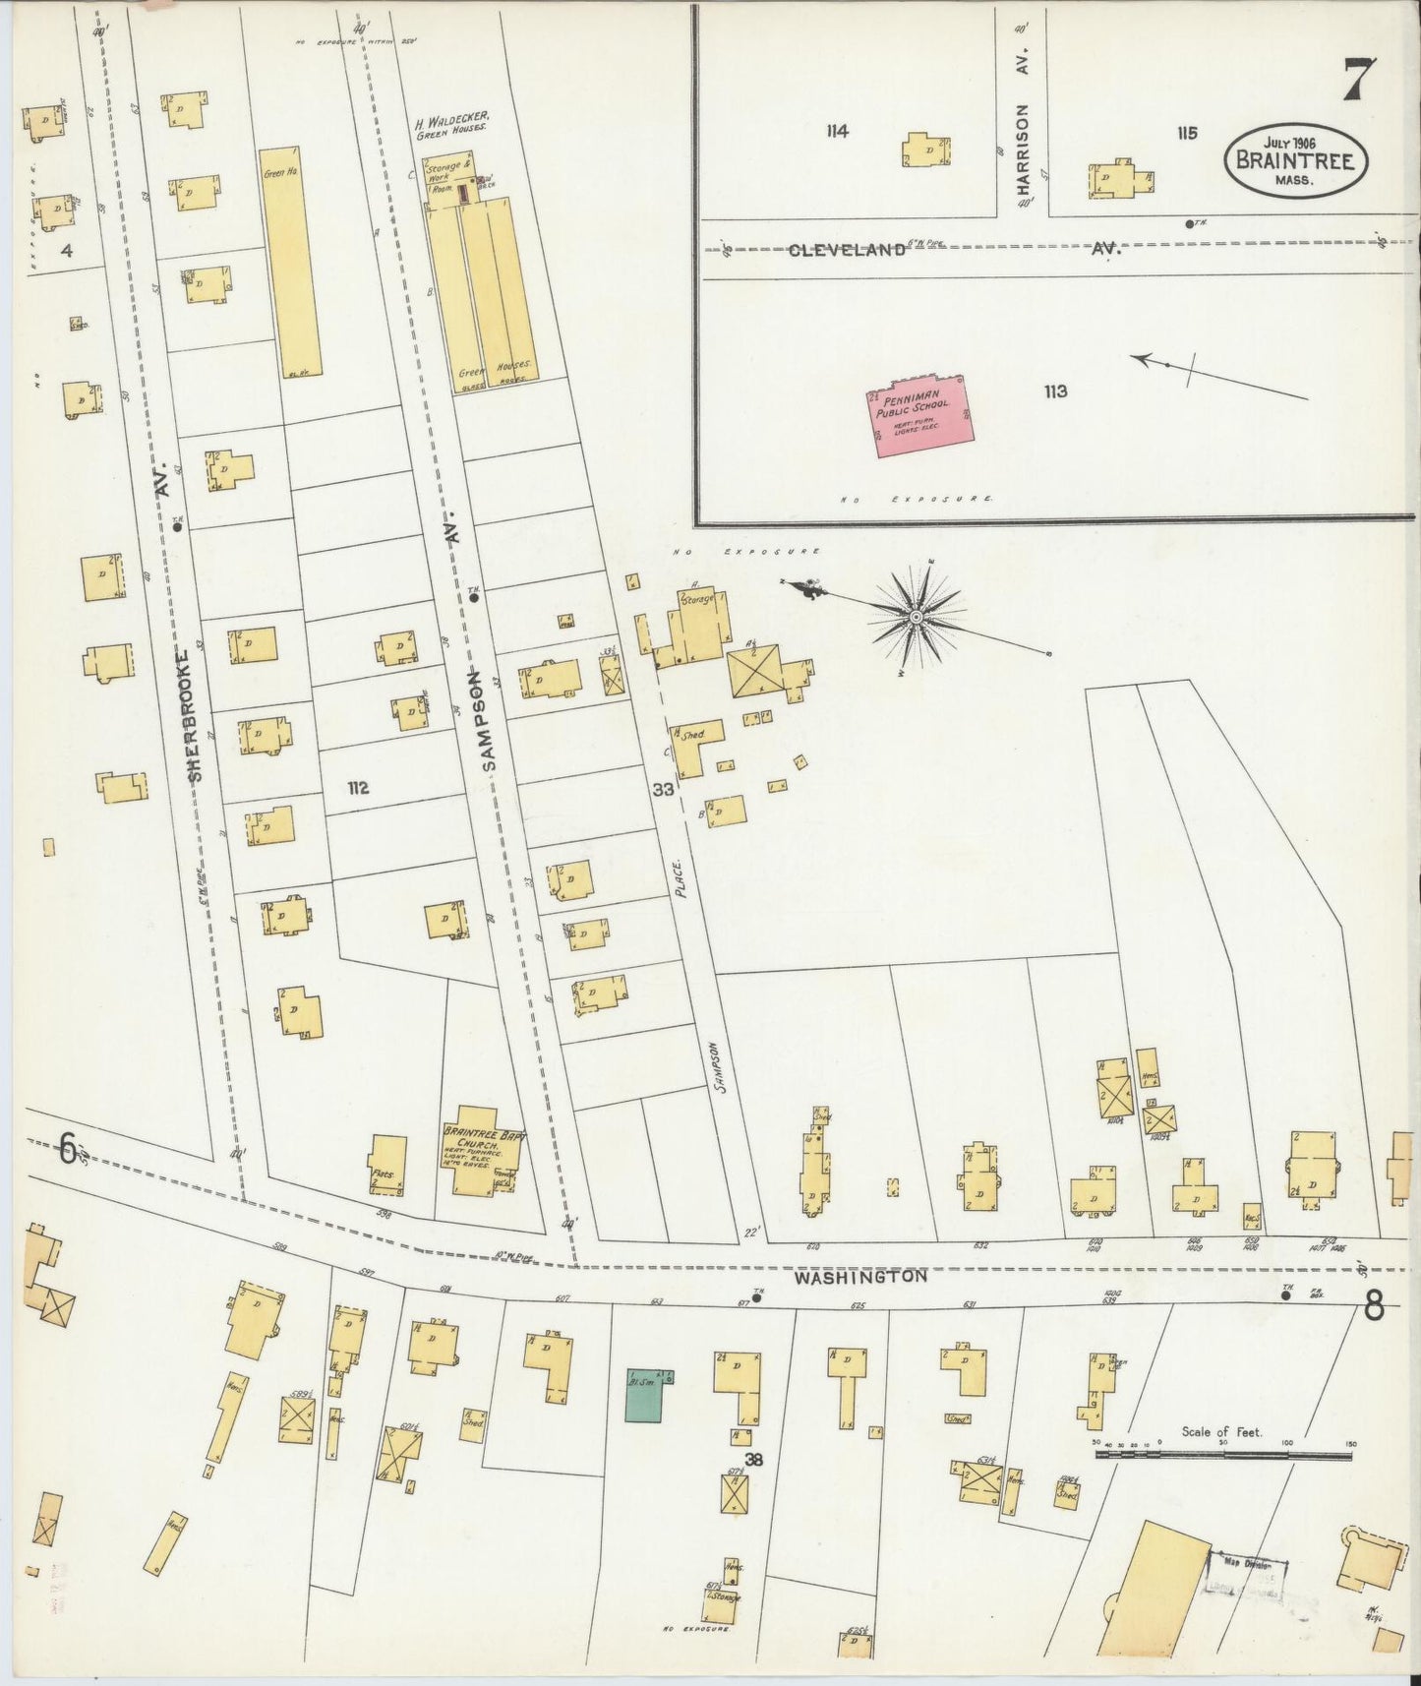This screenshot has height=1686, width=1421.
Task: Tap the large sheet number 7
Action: pyautogui.click(x=1359, y=80)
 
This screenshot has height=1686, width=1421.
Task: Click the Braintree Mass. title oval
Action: pyautogui.click(x=1295, y=160)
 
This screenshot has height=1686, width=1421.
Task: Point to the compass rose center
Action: pyautogui.click(x=916, y=617)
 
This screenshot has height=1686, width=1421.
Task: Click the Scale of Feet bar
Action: pyautogui.click(x=1224, y=1453)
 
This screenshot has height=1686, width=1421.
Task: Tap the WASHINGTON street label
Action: pyautogui.click(x=860, y=1277)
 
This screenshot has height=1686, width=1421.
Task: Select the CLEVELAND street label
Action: pyautogui.click(x=846, y=250)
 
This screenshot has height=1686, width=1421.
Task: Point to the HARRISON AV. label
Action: pyautogui.click(x=1024, y=123)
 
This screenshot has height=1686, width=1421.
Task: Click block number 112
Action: pyautogui.click(x=357, y=787)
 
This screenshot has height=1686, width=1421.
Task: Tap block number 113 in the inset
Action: pyautogui.click(x=1055, y=391)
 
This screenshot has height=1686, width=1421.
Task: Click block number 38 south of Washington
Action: pyautogui.click(x=753, y=1460)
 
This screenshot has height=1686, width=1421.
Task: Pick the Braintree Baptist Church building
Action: pyautogui.click(x=480, y=1160)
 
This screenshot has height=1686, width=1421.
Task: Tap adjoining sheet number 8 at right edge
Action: pyautogui.click(x=1374, y=1305)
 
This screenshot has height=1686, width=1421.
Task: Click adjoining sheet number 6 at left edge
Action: pyautogui.click(x=67, y=1148)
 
